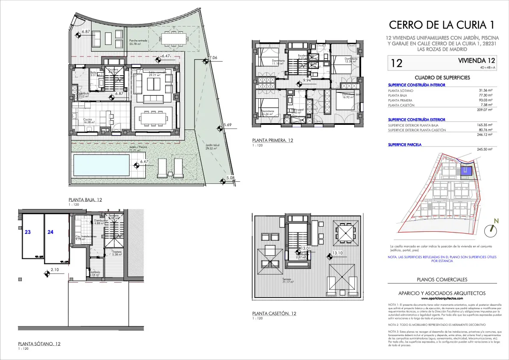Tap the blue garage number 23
pyautogui.click(x=27, y=232)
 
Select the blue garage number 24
pyautogui.click(x=51, y=232)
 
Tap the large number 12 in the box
pyautogui.click(x=396, y=64)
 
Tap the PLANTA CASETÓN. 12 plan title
pyautogui.click(x=274, y=313)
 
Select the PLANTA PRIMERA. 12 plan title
pyautogui.click(x=273, y=140)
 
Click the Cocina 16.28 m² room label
pyautogui.click(x=88, y=121)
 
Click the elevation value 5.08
pyautogui.click(x=231, y=178)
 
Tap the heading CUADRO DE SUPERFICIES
pyautogui.click(x=442, y=78)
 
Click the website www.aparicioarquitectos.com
pyautogui.click(x=442, y=298)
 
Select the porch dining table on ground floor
pyautogui.click(x=174, y=38)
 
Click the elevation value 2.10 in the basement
pyautogui.click(x=55, y=270)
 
